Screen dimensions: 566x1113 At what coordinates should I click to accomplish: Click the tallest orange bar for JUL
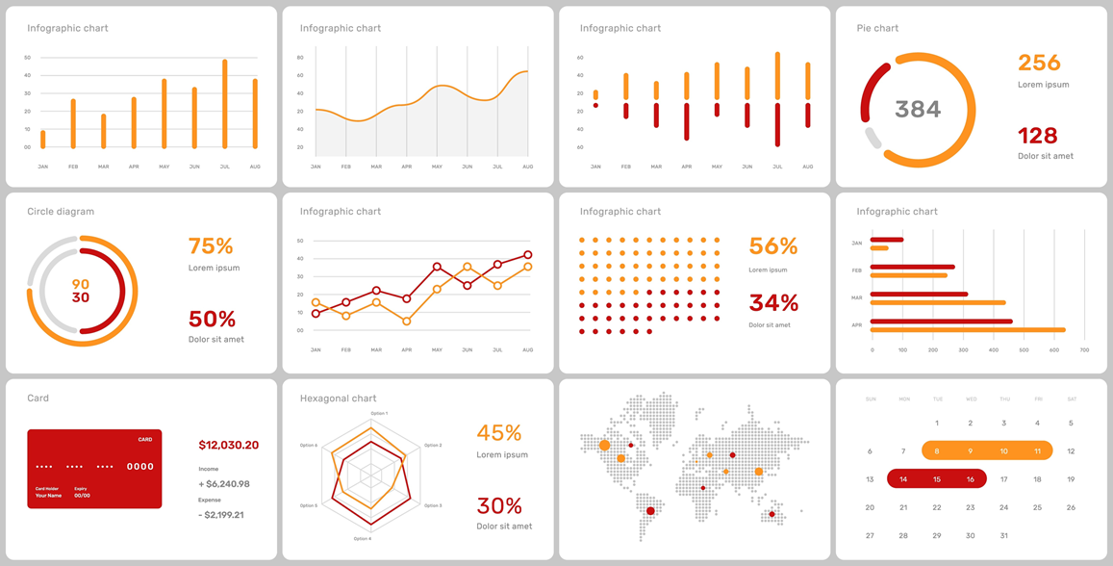click(x=225, y=104)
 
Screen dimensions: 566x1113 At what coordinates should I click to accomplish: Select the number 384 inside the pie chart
click(x=918, y=109)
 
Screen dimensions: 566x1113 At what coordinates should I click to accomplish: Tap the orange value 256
click(x=1039, y=63)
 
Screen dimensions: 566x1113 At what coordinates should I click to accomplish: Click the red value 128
click(x=1037, y=136)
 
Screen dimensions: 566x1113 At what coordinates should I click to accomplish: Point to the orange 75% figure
click(x=211, y=245)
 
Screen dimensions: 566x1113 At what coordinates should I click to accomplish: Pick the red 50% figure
click(x=212, y=319)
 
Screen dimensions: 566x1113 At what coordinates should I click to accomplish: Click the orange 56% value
click(x=773, y=245)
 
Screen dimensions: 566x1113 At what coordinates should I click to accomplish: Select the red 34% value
click(x=773, y=303)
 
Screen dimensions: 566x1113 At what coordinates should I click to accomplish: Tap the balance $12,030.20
click(x=228, y=445)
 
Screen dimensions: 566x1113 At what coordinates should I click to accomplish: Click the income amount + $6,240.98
click(x=224, y=484)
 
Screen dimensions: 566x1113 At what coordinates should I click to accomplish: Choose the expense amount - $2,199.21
click(x=220, y=515)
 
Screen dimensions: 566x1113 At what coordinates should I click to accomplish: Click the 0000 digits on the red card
click(x=140, y=467)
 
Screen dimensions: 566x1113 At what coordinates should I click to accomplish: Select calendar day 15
click(x=937, y=479)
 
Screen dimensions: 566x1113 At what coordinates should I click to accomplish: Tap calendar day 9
click(x=971, y=450)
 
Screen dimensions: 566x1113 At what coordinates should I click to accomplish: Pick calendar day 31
click(x=1003, y=535)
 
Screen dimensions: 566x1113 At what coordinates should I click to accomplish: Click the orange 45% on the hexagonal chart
click(x=499, y=432)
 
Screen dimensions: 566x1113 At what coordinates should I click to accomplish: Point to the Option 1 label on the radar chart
click(x=379, y=413)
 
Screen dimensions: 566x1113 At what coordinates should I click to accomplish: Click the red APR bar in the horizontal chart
click(x=942, y=322)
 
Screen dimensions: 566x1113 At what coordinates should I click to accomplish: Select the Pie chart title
click(x=877, y=28)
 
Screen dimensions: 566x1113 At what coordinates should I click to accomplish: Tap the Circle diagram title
click(x=61, y=211)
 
